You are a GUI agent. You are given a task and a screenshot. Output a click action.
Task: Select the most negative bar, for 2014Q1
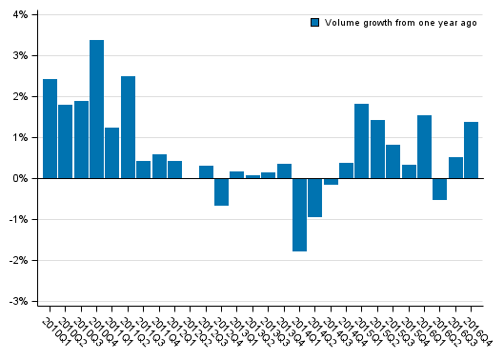[299, 214]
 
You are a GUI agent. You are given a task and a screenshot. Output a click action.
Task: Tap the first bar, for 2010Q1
[50, 129]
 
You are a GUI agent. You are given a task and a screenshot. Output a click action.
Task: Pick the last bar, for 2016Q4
[471, 150]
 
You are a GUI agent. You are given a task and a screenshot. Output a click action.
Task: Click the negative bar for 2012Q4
[221, 191]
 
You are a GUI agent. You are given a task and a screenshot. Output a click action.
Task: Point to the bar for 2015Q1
[361, 141]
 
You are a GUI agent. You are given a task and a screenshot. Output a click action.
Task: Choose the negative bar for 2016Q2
[439, 189]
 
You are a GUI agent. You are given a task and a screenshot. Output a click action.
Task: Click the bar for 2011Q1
[112, 152]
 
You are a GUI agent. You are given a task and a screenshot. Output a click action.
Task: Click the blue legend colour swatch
[315, 22]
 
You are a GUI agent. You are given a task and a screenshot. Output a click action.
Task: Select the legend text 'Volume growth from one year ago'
[400, 22]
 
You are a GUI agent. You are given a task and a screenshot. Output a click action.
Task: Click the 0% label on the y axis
[21, 178]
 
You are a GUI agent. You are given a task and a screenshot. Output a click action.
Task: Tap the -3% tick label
[19, 301]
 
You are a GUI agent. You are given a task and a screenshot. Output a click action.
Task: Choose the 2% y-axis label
[21, 97]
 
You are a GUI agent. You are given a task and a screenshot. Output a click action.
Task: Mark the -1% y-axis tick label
[19, 219]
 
